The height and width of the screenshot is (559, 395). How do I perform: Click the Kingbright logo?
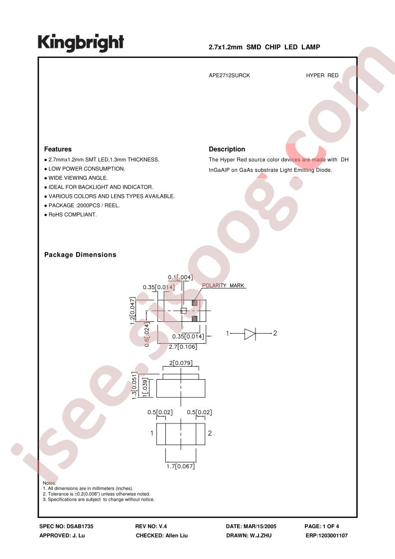[81, 43]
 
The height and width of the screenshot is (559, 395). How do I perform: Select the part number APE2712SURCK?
[229, 76]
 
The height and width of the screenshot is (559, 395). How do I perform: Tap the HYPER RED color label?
[322, 76]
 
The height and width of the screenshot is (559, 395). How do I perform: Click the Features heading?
[58, 149]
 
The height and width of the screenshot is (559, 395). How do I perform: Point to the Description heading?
[227, 149]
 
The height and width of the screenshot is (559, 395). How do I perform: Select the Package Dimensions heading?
[80, 255]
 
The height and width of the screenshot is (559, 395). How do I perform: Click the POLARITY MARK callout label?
[223, 285]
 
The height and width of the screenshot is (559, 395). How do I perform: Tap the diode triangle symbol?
[250, 334]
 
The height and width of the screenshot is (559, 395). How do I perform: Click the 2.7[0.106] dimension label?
[182, 347]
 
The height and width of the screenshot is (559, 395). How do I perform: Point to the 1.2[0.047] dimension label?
[132, 310]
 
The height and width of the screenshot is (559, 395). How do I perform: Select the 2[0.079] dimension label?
[181, 363]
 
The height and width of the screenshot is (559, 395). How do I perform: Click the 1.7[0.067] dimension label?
[181, 466]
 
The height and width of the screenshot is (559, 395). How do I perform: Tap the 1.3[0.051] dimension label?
[134, 386]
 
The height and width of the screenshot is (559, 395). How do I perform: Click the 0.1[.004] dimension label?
[180, 277]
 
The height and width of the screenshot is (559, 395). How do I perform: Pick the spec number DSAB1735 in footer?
[80, 526]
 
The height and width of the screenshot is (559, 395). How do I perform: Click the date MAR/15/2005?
[260, 526]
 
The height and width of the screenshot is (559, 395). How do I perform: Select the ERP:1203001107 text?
[327, 536]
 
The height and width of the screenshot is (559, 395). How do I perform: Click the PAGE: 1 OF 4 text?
[322, 526]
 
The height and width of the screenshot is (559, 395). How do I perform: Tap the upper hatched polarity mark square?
[195, 303]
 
